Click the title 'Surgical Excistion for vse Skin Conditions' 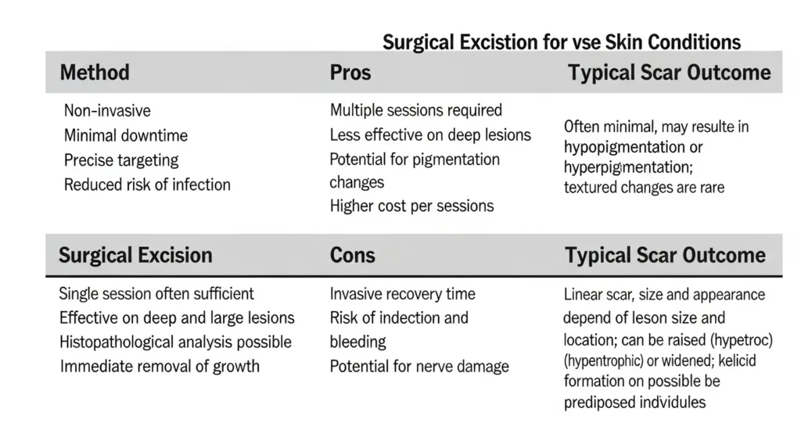tap(562, 42)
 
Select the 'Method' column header tap(95, 72)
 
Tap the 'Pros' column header tap(350, 72)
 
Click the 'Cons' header tap(353, 255)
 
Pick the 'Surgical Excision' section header tap(135, 255)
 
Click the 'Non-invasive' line tap(107, 110)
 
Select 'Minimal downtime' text tap(126, 135)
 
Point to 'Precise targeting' tap(121, 160)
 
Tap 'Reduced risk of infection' tap(147, 184)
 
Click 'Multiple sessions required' tap(416, 110)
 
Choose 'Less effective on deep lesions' tap(430, 134)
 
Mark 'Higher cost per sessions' tap(411, 206)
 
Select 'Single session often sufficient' tap(156, 293)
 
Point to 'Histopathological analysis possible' tap(176, 342)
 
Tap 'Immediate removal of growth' tap(160, 366)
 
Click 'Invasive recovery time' tap(403, 294)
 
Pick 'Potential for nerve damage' tap(419, 366)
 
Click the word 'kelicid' tap(737, 361)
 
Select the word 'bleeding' tap(357, 342)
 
